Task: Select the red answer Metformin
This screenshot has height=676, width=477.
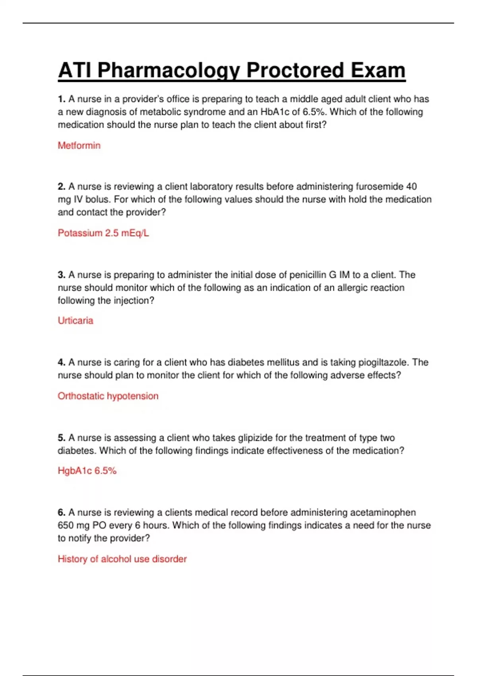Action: [79, 146]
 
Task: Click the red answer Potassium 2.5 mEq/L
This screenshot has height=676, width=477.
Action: [103, 233]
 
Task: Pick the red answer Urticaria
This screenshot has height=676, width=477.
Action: [76, 321]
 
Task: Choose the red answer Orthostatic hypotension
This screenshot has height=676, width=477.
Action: [108, 396]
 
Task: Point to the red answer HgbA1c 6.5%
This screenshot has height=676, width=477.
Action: [87, 471]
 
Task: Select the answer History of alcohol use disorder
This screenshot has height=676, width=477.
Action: [122, 559]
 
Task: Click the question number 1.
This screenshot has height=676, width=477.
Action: [61, 99]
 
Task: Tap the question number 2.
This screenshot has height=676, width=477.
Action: [61, 186]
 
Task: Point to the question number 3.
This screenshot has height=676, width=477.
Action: [61, 275]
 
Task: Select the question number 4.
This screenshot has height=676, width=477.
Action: [61, 362]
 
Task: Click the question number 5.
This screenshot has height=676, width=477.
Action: [61, 438]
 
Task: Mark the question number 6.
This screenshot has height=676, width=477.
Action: [61, 513]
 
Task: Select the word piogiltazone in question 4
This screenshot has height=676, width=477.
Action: [383, 362]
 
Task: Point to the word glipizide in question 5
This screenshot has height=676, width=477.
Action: [255, 438]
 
